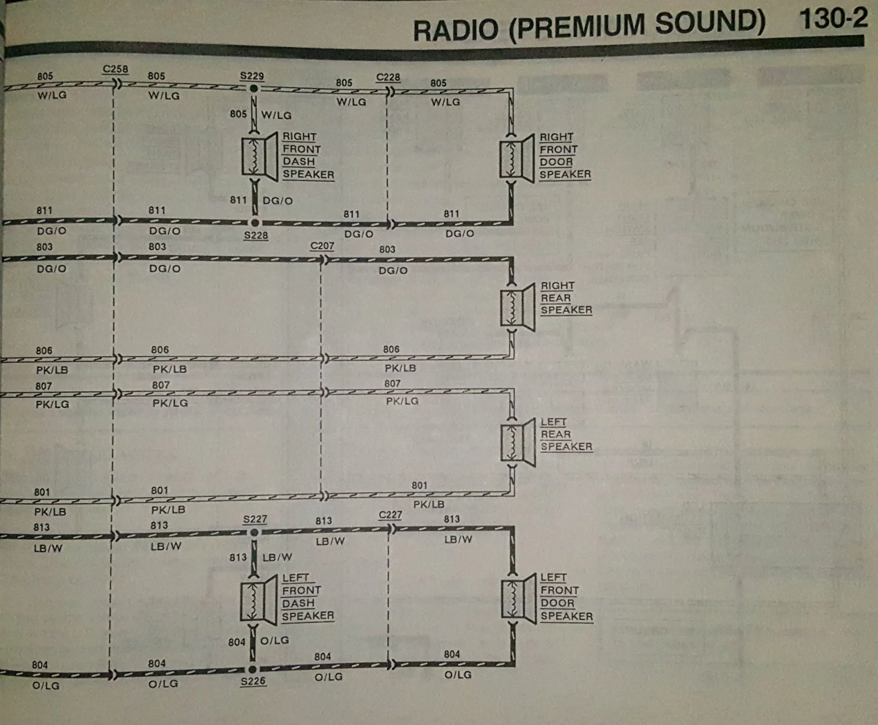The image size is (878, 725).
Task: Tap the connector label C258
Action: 115,69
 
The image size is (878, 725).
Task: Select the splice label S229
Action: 252,76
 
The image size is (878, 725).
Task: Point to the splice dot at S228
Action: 255,223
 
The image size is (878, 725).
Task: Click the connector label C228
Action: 388,77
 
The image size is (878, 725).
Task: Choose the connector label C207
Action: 322,245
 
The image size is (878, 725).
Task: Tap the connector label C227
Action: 390,515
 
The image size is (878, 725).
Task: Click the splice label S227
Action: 255,519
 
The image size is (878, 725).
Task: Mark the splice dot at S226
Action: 252,669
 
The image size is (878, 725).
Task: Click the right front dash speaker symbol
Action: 260,156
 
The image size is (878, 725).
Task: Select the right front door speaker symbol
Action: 517,158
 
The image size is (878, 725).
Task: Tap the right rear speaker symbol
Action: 518,307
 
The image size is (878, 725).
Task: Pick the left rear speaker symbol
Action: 518,442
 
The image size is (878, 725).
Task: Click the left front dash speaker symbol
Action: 259,600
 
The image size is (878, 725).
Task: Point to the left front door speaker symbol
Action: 519,599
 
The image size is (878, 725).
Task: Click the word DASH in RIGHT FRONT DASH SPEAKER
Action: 299,161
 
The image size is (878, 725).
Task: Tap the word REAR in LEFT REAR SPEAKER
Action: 556,434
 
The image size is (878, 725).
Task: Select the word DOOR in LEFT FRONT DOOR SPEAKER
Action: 558,603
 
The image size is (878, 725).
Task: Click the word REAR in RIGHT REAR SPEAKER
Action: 556,298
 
